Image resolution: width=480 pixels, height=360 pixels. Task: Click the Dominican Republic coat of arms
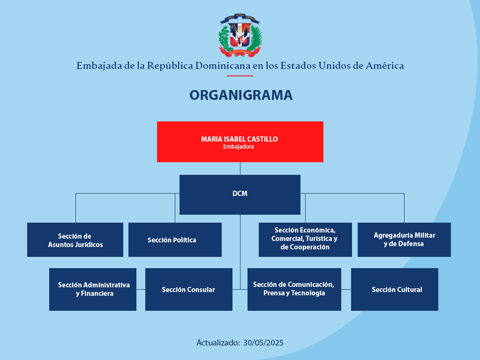point(240,35)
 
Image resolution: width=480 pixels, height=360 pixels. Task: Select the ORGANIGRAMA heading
point(241,95)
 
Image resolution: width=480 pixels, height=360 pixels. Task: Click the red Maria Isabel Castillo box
point(240,142)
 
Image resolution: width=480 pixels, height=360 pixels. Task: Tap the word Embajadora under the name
point(239,147)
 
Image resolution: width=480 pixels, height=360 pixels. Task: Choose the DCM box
point(240,195)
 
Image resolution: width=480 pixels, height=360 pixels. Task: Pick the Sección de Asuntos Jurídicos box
point(75,240)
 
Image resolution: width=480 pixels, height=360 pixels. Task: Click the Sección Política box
point(175,240)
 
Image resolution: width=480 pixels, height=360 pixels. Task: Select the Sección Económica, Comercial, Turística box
point(305,240)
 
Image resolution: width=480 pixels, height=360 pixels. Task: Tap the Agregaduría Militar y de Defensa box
point(404,240)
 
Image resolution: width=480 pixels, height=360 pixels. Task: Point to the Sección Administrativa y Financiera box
point(93,289)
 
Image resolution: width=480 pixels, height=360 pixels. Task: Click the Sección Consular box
point(189,289)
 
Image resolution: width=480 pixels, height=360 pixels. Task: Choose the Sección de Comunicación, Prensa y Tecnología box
point(294,289)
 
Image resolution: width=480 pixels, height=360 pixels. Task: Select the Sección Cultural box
point(395,289)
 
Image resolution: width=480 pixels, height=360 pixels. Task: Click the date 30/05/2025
point(263,343)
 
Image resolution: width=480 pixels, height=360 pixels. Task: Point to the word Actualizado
point(218,343)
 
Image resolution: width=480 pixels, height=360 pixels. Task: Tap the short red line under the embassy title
point(240,75)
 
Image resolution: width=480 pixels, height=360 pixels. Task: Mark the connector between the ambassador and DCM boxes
point(240,168)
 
